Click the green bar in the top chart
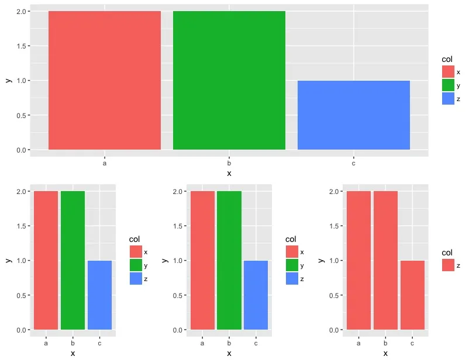[229, 81]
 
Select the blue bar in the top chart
[353, 115]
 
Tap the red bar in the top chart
[105, 81]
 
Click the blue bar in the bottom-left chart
[99, 295]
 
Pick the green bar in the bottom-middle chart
[229, 261]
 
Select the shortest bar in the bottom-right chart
[412, 295]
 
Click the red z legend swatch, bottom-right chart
[449, 265]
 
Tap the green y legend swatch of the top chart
[449, 85]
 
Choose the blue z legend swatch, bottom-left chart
[136, 279]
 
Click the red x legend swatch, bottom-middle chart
[292, 251]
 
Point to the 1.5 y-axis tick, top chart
[20, 46]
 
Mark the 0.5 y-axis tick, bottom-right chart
[333, 296]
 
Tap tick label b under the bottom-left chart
[73, 343]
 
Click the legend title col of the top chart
[447, 59]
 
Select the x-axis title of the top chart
[229, 174]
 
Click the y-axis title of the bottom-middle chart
[165, 261]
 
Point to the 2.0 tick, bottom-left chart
[20, 192]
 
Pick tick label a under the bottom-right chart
[358, 343]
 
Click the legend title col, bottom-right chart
[447, 252]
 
